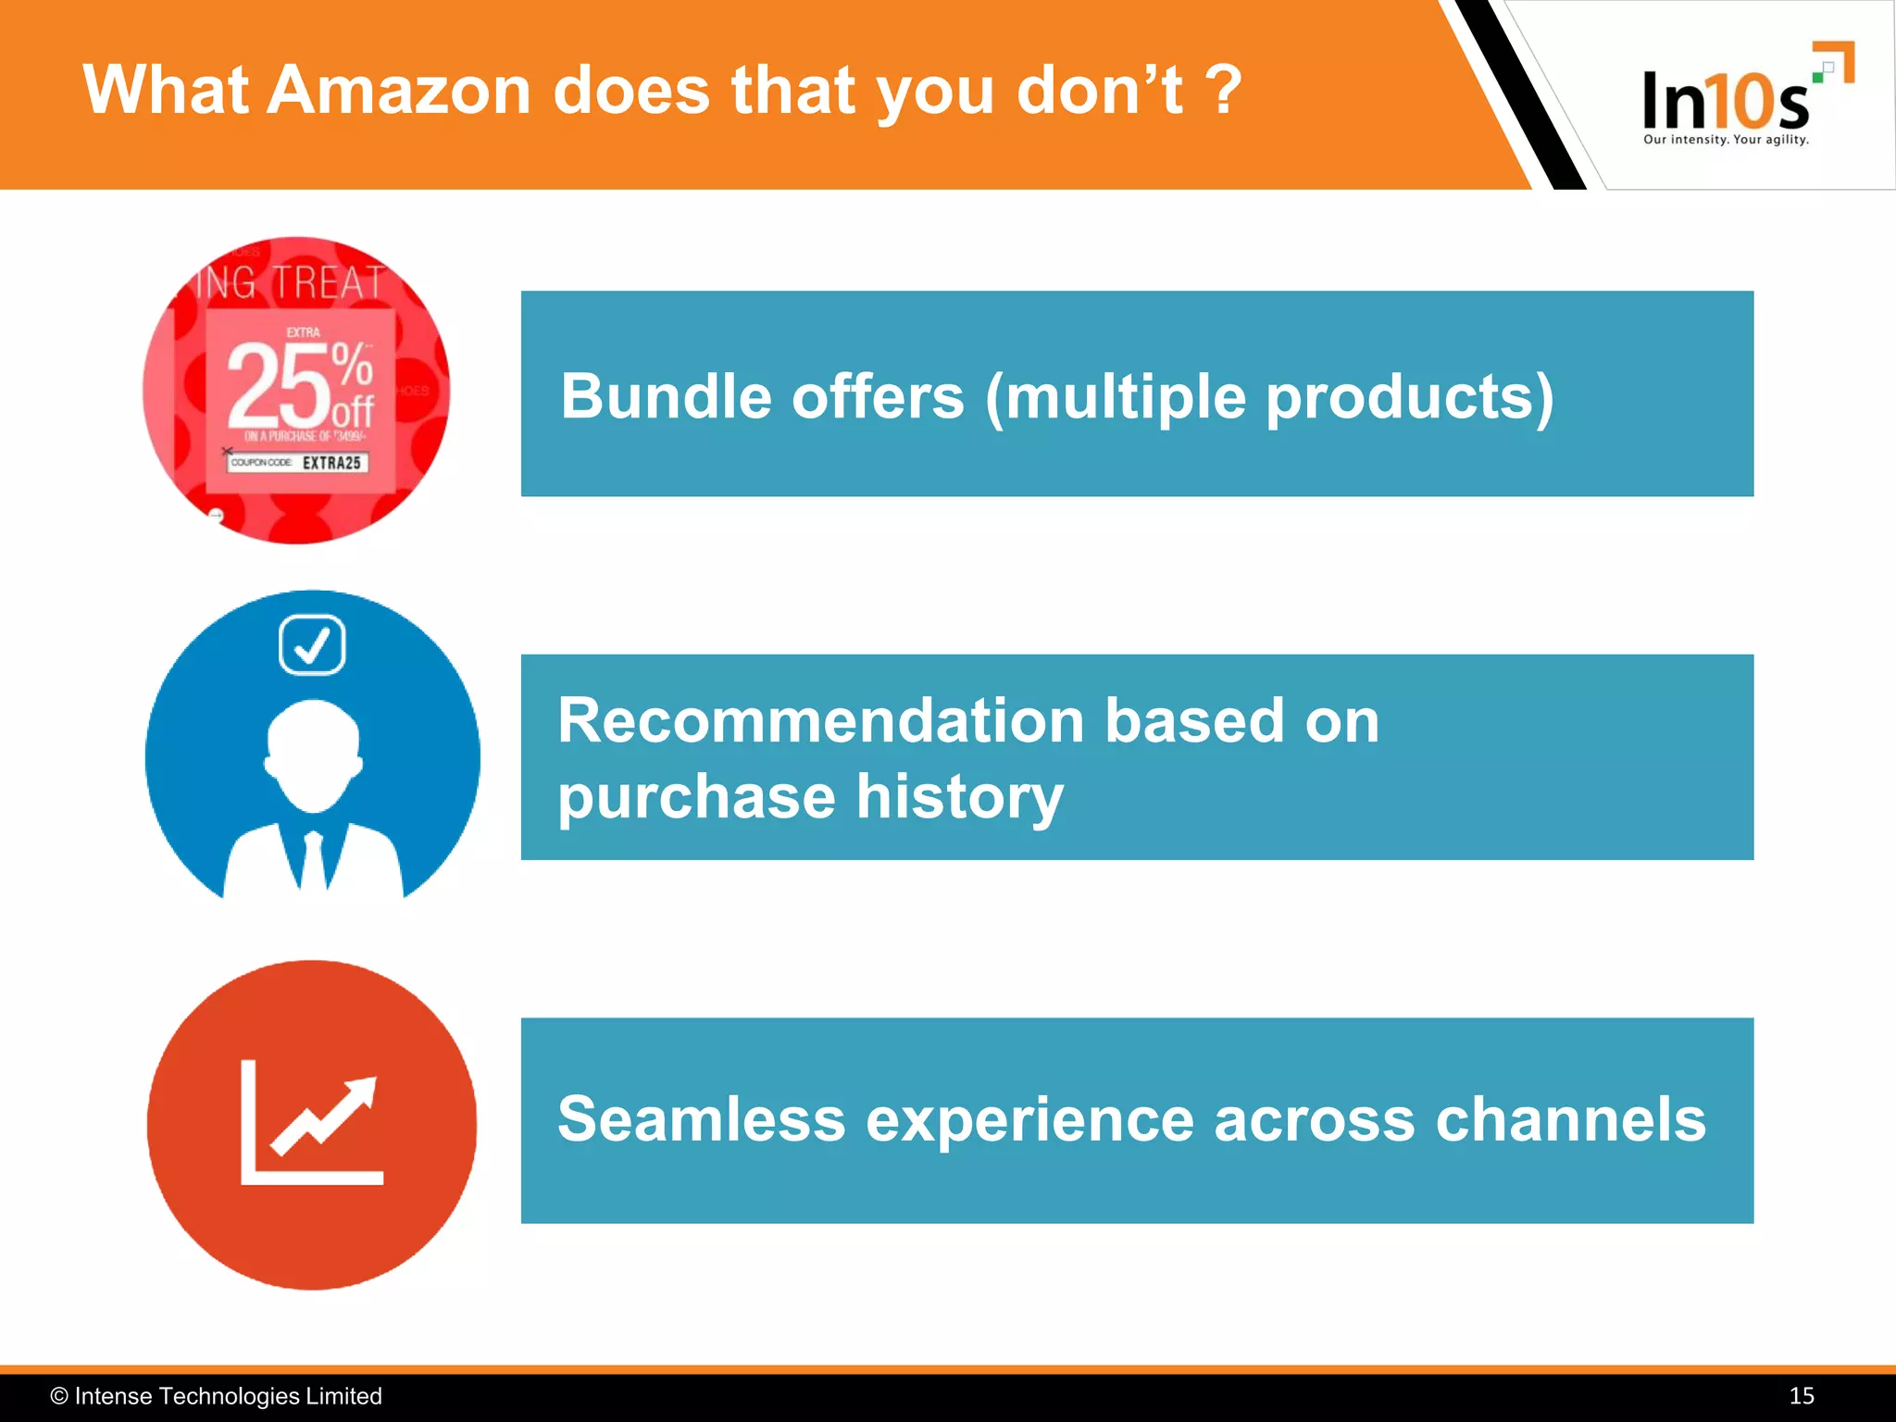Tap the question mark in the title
(1224, 91)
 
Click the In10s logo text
(1724, 100)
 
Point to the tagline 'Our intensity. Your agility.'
(1726, 140)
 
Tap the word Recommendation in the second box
(820, 720)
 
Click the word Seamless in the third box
(701, 1119)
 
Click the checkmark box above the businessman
(312, 645)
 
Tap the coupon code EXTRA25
(331, 463)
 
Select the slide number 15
(1801, 1396)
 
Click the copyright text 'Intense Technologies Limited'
(228, 1396)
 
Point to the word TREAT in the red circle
(329, 282)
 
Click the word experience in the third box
(1029, 1119)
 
